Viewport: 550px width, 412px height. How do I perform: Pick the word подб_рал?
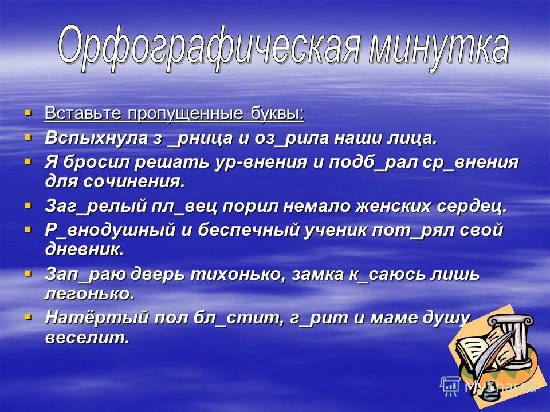(373, 163)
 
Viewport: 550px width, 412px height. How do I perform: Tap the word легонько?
(89, 294)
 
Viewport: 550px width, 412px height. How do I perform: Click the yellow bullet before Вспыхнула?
(29, 137)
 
